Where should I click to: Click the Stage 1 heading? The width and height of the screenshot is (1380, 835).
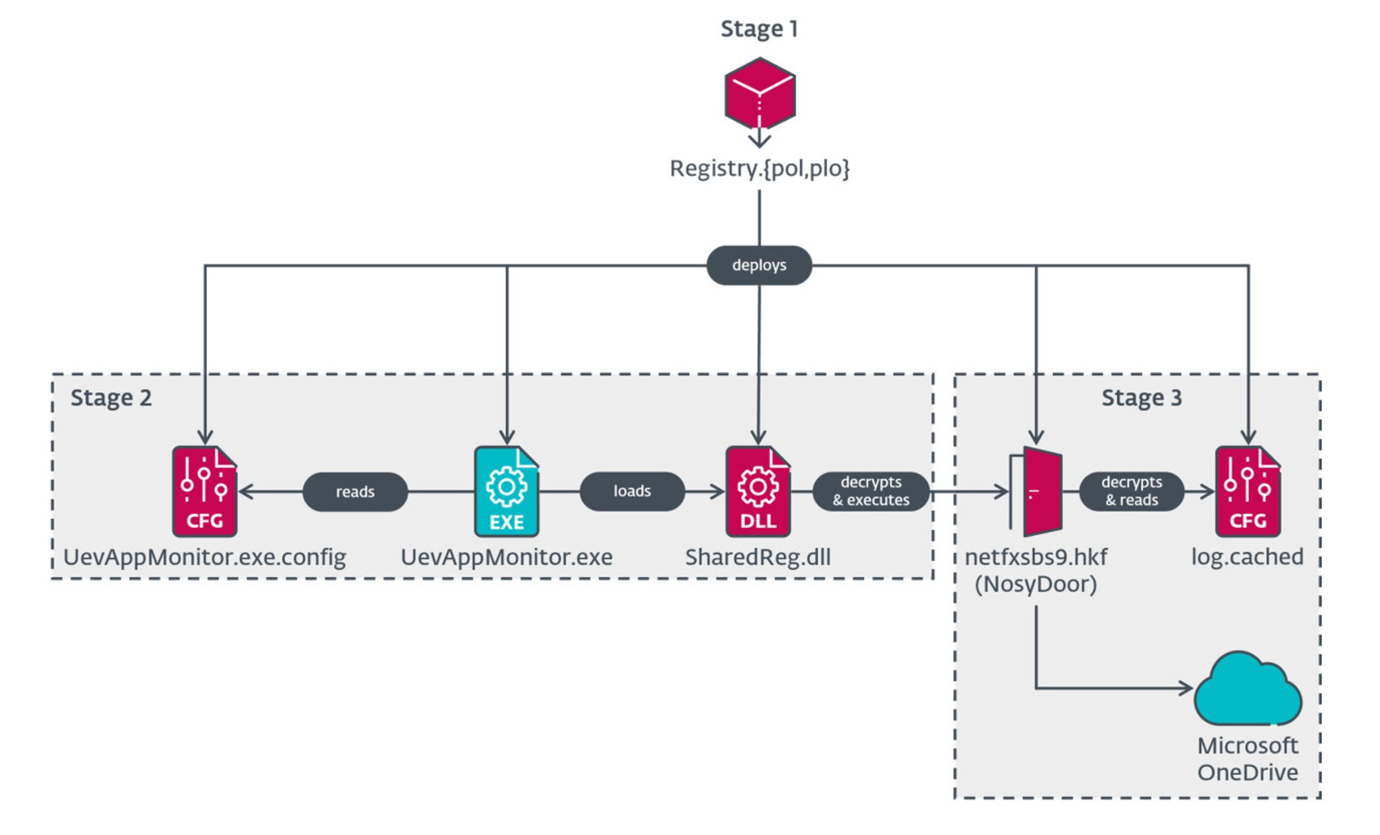pos(759,29)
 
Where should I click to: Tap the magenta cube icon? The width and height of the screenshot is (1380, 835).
pos(760,94)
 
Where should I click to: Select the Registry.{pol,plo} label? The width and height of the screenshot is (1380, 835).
pos(760,168)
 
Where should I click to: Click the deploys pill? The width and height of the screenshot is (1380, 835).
pos(759,265)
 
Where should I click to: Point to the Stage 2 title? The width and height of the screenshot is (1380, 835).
pos(111,398)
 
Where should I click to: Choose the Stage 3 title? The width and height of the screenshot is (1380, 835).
pos(1141,398)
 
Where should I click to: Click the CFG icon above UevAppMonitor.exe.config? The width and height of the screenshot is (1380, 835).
pos(205,491)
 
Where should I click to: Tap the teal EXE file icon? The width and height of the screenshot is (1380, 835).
pos(506,491)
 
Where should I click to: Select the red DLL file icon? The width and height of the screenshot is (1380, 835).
pos(758,491)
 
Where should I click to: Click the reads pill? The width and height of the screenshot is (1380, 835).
pos(355,492)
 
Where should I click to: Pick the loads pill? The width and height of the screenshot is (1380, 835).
pos(632,491)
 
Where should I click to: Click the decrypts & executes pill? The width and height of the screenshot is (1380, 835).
pos(871,491)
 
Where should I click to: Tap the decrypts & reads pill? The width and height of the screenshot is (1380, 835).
pos(1132,491)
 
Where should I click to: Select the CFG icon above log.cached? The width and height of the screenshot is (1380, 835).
pos(1248,491)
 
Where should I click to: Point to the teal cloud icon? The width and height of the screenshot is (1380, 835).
pos(1248,690)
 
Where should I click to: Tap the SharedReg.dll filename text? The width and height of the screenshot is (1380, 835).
pos(758,558)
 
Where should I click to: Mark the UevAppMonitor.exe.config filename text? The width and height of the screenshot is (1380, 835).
pos(205,558)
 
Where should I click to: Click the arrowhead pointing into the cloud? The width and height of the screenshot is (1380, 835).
pos(1187,688)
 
